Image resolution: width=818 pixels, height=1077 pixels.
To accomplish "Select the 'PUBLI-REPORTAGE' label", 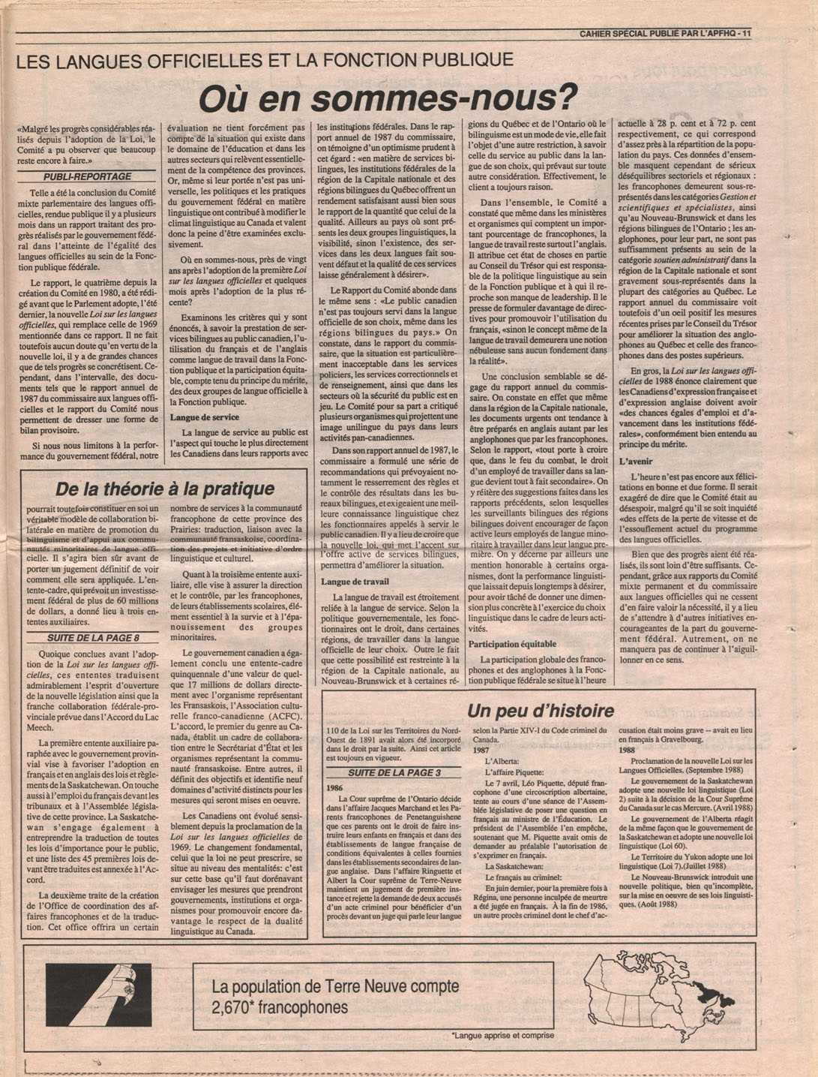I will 87,176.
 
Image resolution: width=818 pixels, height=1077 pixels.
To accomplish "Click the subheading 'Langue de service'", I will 205,417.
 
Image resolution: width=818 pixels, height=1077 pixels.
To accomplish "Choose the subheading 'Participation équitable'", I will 512,644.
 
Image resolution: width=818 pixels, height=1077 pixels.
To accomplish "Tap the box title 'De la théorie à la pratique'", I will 165,489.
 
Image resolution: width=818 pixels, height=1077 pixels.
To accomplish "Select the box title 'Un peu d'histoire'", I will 540,710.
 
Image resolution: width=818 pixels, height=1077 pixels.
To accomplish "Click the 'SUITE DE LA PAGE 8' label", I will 93,638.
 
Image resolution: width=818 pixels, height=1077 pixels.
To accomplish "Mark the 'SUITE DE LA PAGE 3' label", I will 394,772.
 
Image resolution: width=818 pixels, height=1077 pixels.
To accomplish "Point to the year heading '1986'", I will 336,788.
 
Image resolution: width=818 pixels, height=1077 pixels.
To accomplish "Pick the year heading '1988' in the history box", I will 627,750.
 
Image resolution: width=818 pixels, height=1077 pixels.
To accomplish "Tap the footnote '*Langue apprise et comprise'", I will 503,1036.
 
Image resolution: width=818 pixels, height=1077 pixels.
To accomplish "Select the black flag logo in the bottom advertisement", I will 98,995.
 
